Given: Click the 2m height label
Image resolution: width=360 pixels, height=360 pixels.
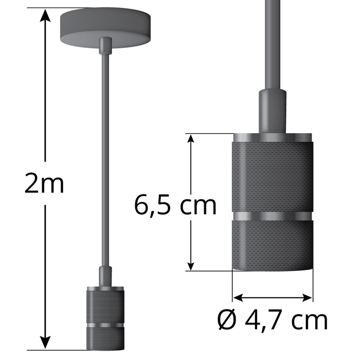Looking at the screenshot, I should point(44,184).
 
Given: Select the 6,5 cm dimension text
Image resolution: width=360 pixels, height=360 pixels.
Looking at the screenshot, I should point(175,205).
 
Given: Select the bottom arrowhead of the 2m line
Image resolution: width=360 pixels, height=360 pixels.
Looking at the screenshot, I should point(46,341).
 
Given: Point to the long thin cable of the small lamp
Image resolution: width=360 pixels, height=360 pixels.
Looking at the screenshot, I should point(105,154).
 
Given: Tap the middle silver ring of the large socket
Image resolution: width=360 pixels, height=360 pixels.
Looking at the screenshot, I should point(272,214).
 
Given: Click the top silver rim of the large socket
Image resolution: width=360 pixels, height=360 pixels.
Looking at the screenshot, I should point(272,137).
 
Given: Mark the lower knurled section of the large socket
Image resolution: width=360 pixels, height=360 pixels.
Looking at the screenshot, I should point(272,242).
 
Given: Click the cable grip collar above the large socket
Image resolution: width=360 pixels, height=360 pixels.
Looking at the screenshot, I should point(272,109).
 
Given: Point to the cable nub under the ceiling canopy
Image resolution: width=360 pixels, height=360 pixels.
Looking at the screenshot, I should point(105,45).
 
